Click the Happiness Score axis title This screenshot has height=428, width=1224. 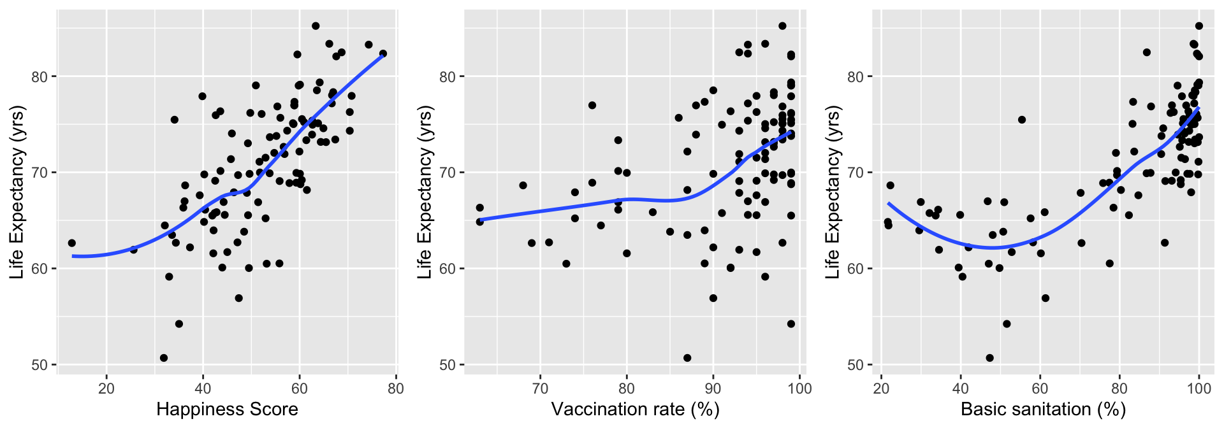[x=227, y=409]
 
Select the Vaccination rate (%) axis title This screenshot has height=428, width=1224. [x=635, y=409]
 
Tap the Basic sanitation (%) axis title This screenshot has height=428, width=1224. [x=1043, y=409]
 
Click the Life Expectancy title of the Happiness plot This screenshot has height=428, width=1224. [x=17, y=193]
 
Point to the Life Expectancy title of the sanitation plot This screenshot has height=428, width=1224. [x=833, y=193]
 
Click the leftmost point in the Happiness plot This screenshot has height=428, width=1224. [x=71, y=243]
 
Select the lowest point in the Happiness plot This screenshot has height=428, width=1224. [x=164, y=358]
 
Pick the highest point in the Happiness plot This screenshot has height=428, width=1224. [x=316, y=26]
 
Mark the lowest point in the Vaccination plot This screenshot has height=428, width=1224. [x=687, y=358]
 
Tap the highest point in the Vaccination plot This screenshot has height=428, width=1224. [x=782, y=26]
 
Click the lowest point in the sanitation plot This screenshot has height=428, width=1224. [x=989, y=358]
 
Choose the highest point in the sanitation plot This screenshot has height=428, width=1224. [x=1198, y=26]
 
